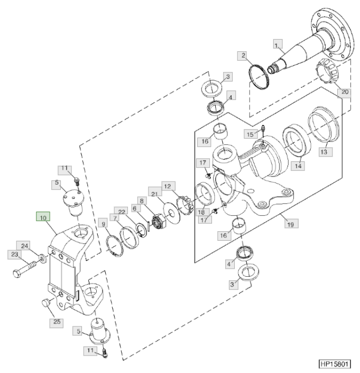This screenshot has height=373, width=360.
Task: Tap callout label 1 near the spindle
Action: [278, 44]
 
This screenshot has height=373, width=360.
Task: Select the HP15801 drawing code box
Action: [335, 364]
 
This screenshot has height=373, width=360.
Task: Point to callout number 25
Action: [57, 322]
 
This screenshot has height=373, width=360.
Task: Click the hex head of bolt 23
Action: [17, 274]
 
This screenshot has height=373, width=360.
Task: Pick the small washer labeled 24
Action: [42, 258]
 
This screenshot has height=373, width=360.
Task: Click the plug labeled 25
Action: [45, 303]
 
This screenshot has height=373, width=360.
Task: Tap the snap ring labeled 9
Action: [115, 245]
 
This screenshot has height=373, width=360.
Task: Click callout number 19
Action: [291, 224]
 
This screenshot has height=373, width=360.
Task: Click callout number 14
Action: [298, 166]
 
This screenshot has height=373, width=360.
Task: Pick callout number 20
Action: [345, 92]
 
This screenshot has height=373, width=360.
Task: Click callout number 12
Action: [169, 186]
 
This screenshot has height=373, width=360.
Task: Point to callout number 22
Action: [121, 212]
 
